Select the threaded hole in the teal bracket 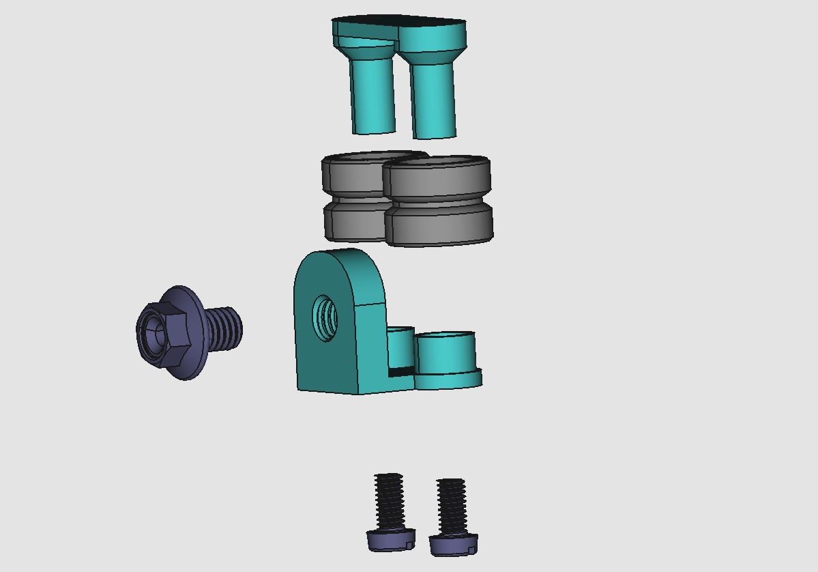click(x=325, y=317)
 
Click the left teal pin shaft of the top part click(x=373, y=96)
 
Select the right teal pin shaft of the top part click(x=434, y=101)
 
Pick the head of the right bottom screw click(x=453, y=544)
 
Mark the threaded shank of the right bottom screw click(x=451, y=506)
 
